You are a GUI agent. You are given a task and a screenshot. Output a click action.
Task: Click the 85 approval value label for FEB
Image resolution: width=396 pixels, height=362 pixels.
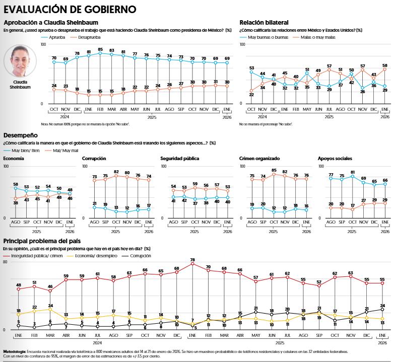pos(100,49)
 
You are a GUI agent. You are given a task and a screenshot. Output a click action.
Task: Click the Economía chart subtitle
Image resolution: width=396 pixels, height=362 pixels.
pos(13,159)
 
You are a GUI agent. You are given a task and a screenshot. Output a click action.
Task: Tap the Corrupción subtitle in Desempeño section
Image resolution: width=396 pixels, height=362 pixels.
pos(94,159)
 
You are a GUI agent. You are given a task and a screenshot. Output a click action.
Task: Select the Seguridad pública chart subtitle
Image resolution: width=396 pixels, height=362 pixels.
pos(179,159)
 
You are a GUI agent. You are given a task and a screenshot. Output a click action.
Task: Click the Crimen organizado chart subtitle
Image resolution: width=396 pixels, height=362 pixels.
pos(259,159)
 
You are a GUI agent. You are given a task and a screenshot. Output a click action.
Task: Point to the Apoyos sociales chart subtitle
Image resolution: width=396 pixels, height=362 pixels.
pos(335,159)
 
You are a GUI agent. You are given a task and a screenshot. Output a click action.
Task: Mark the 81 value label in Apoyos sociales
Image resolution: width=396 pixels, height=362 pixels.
pos(353,172)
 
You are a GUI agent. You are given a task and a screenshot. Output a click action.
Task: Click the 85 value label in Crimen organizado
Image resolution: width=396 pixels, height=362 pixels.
pos(274,170)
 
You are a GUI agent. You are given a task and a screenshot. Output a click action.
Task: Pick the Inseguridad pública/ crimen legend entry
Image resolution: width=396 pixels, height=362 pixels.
pos(37,256)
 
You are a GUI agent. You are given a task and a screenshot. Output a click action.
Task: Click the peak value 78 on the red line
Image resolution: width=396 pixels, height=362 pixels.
pos(192,260)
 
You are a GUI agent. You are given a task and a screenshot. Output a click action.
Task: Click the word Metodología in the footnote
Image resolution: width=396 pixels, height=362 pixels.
pos(15,351)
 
